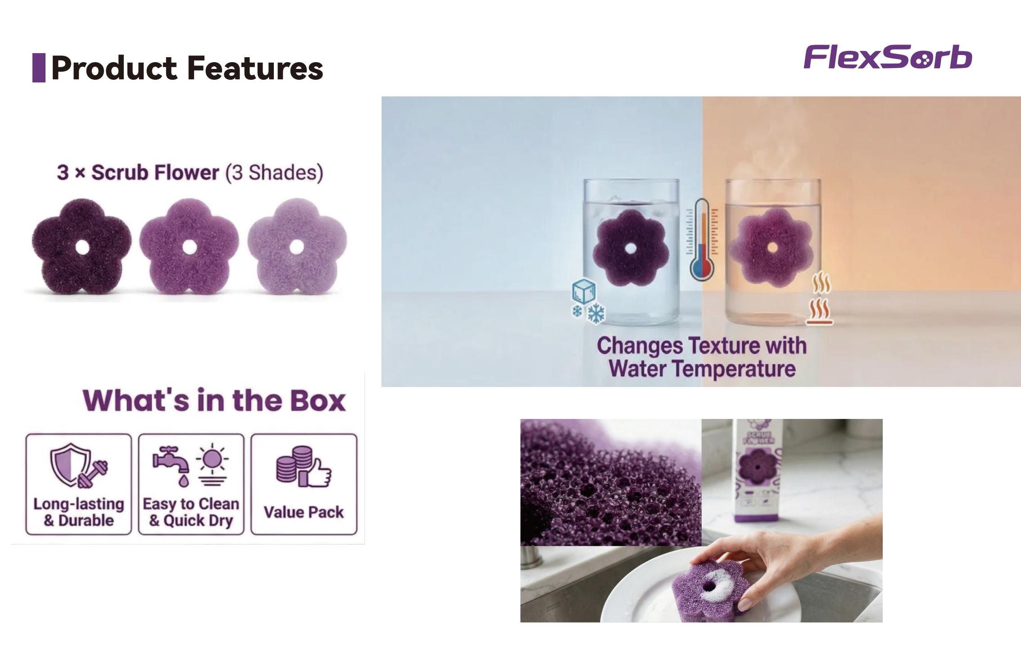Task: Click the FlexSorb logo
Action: click(x=888, y=57)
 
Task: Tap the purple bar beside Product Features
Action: click(x=39, y=68)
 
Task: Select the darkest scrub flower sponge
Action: click(x=82, y=247)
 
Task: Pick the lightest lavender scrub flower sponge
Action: click(x=297, y=247)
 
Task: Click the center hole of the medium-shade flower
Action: click(x=189, y=247)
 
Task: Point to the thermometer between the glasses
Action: click(x=702, y=239)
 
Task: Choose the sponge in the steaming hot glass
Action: click(x=772, y=248)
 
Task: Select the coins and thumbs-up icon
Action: click(x=304, y=467)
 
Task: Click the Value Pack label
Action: click(x=304, y=512)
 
